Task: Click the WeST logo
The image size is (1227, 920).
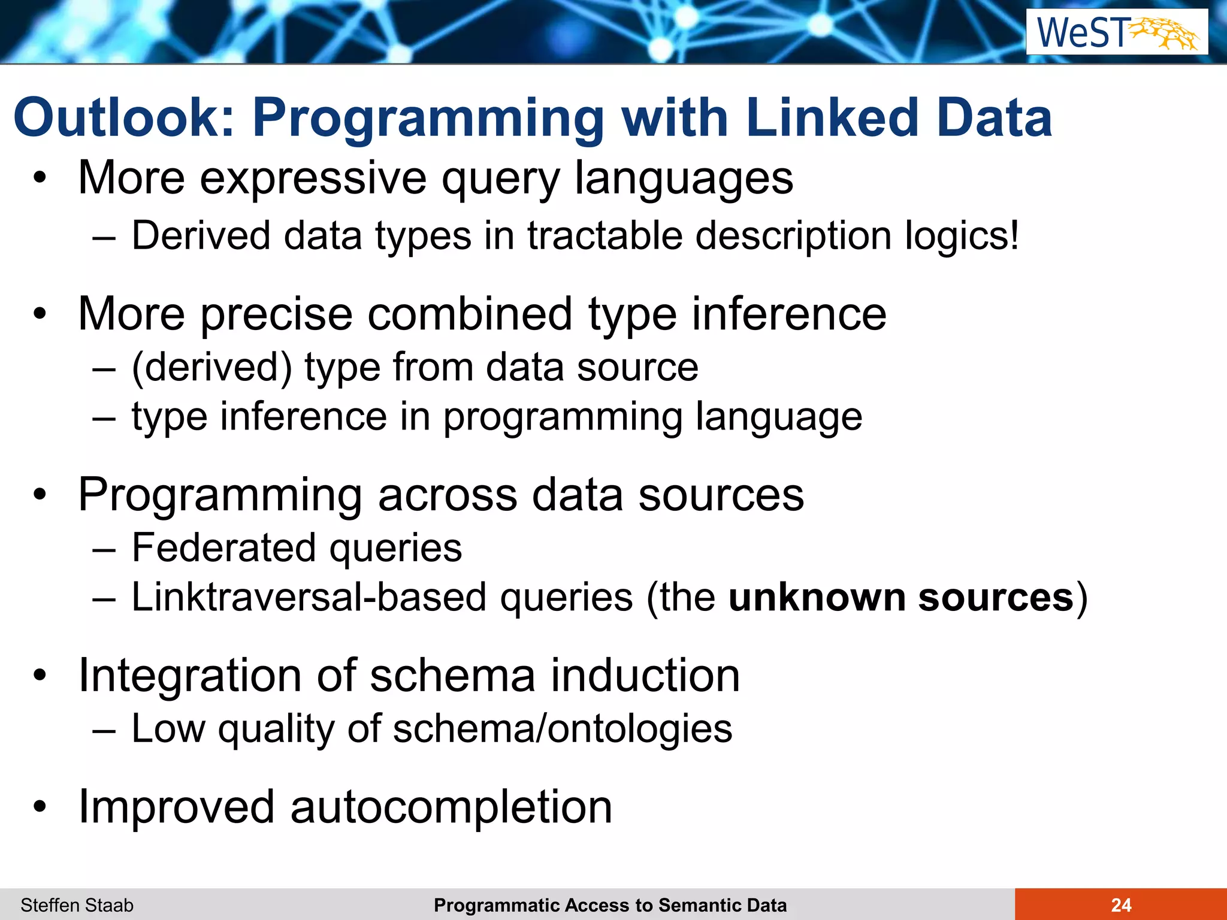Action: click(1117, 32)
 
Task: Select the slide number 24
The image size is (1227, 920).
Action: click(1121, 905)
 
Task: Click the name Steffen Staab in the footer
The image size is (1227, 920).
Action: click(77, 905)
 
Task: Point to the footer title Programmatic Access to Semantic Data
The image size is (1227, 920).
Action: click(610, 905)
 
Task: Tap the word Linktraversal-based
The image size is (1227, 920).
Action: click(309, 598)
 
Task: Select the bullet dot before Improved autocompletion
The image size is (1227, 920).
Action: click(40, 807)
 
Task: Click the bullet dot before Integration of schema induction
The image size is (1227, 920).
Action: click(40, 675)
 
